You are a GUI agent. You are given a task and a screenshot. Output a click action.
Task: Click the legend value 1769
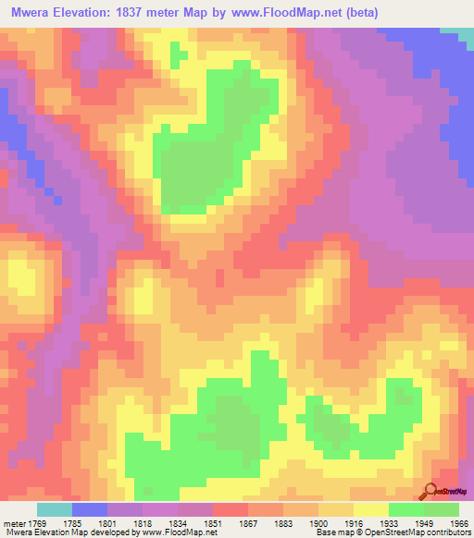37,523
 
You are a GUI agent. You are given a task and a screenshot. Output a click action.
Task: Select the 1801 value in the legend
107,523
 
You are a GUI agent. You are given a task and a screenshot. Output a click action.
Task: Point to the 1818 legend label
143,523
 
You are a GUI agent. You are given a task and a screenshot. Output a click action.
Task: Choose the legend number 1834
178,523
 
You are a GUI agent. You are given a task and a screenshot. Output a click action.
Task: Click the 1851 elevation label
213,523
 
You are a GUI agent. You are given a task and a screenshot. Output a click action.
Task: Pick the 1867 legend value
248,523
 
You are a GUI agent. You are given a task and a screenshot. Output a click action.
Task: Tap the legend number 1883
283,523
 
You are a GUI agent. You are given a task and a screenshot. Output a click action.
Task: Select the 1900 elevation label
318,523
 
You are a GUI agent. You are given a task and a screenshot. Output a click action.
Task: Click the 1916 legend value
354,523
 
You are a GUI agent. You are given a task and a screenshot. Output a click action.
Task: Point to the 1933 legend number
389,523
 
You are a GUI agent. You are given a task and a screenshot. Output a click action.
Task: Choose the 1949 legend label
424,523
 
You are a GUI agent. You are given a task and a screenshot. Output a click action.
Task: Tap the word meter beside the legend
14,523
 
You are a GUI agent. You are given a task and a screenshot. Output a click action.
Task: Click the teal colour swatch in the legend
55,510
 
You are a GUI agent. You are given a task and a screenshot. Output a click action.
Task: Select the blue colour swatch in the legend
90,510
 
